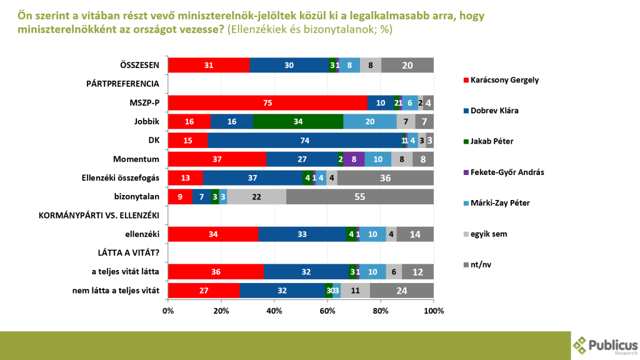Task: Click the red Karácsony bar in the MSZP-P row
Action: (267, 102)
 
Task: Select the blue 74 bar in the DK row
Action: (306, 140)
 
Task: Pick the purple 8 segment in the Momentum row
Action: (354, 159)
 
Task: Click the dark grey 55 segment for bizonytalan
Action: (360, 197)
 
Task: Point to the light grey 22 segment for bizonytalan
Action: (256, 197)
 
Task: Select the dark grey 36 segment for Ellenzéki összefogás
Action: (385, 178)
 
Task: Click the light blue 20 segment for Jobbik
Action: (369, 121)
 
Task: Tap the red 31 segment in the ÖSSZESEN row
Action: (209, 65)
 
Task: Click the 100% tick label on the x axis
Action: (433, 311)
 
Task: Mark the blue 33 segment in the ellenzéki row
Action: (302, 235)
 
